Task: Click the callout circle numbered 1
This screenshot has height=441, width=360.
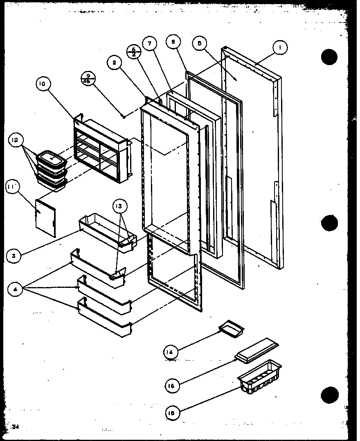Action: tap(280, 48)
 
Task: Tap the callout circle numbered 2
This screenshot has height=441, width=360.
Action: tap(115, 63)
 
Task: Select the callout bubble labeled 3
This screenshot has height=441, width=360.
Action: tap(14, 256)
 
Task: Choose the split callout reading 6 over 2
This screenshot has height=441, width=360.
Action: tap(133, 51)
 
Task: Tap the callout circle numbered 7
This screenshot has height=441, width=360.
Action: tap(150, 44)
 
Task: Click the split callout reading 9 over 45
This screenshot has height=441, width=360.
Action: tap(88, 78)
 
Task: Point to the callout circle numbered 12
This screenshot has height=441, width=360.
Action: tap(15, 140)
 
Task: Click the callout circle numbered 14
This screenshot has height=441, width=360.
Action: tap(171, 352)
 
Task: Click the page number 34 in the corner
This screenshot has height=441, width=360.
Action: tap(16, 427)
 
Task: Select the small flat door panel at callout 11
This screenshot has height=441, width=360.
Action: tap(46, 217)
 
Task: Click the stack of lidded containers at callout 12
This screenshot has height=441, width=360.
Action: tap(52, 171)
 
